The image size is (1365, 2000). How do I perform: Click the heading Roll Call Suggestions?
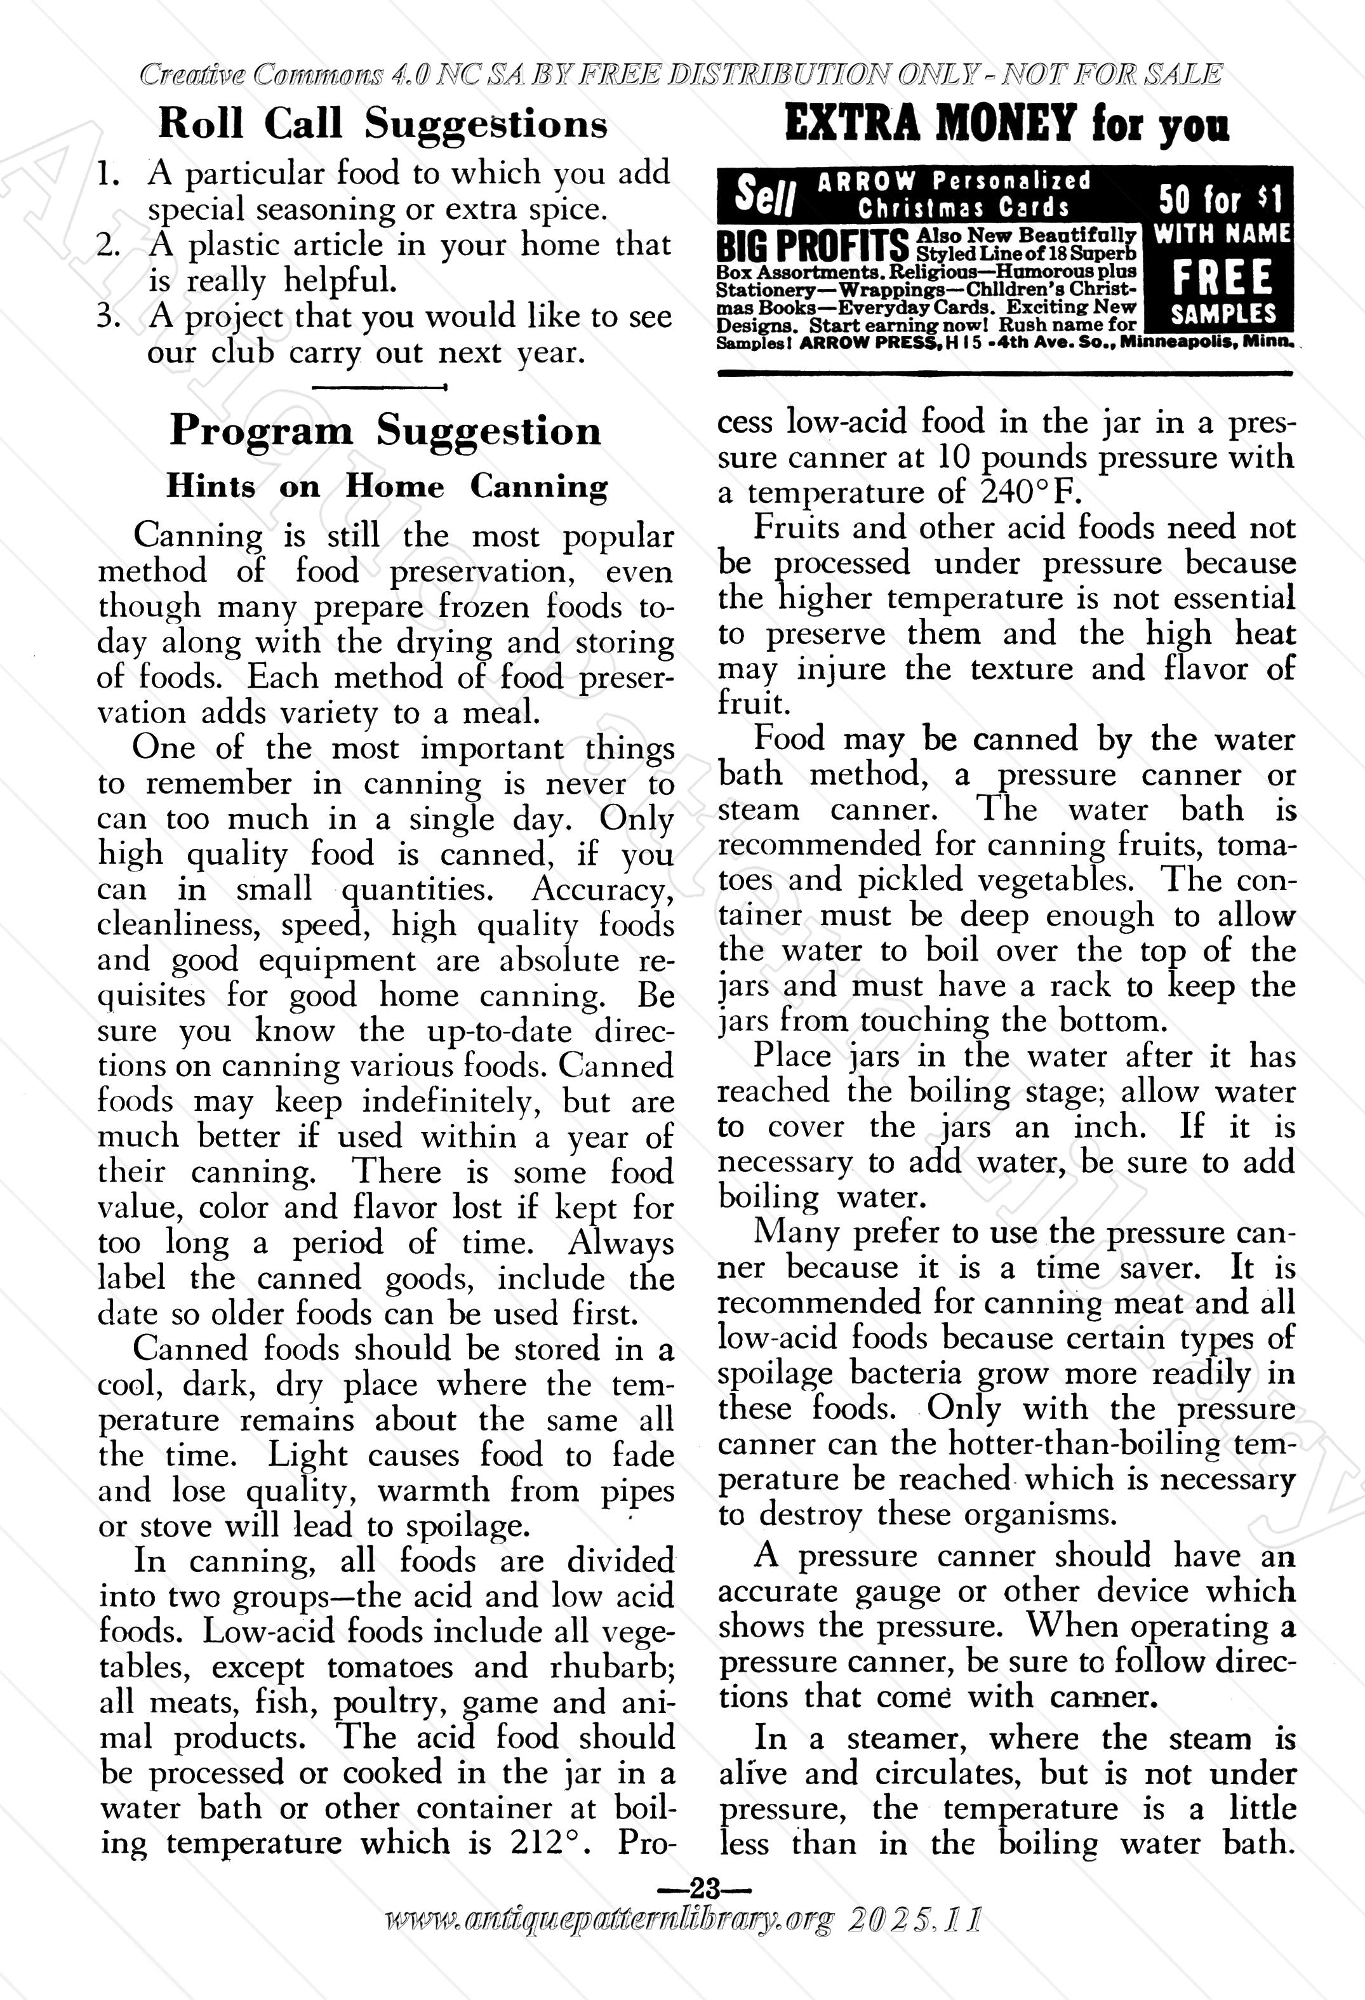click(383, 125)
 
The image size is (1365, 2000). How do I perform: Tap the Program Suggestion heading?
click(385, 430)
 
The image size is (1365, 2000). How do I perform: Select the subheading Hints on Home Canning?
click(387, 487)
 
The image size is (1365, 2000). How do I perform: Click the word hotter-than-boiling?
click(1087, 1444)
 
